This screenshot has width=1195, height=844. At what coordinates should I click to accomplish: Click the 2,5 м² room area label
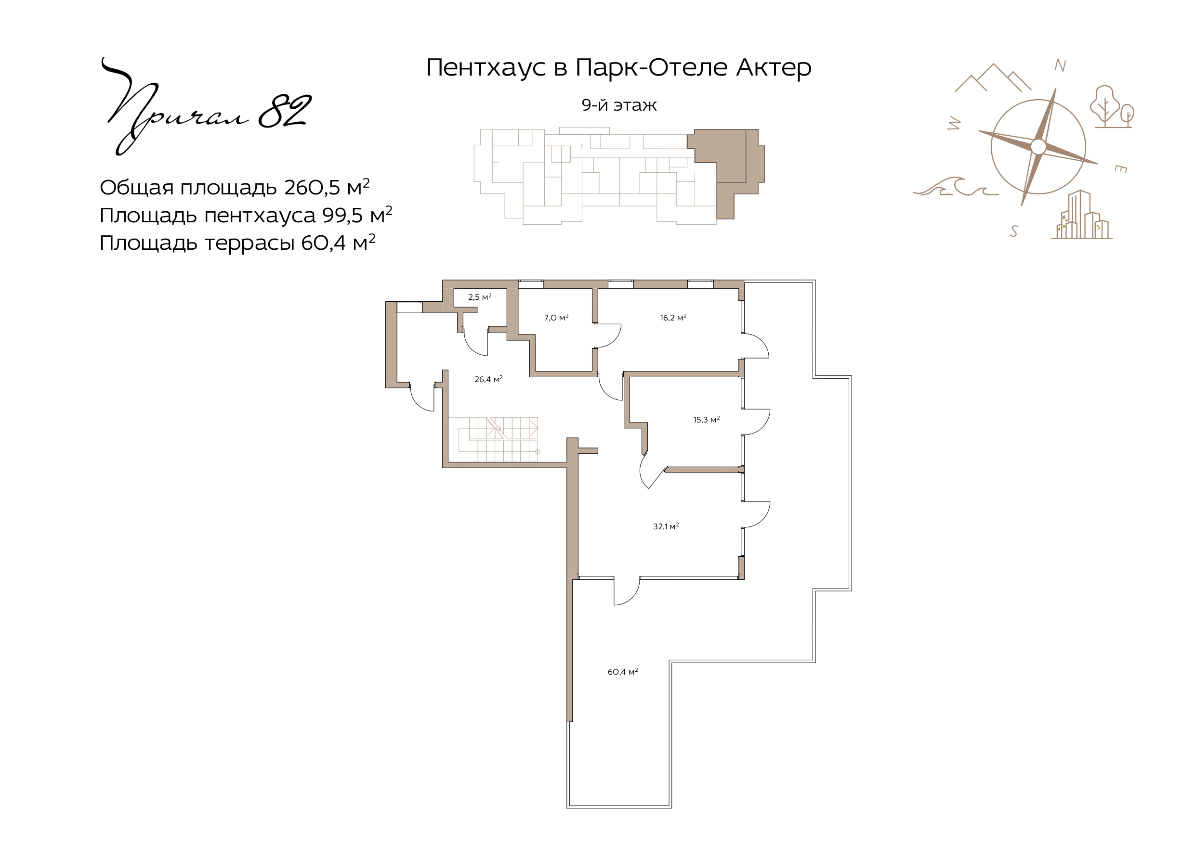[479, 297]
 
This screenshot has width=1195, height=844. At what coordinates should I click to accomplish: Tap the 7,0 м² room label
[556, 318]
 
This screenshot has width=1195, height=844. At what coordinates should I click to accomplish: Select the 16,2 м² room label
[673, 318]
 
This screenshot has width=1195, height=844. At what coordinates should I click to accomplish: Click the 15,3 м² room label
[706, 420]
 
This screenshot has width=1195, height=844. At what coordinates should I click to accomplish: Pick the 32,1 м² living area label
[666, 527]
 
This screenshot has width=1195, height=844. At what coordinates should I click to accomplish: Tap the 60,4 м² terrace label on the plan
[622, 672]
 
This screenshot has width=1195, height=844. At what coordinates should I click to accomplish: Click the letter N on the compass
[1060, 65]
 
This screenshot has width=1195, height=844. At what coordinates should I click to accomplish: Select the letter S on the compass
[1013, 231]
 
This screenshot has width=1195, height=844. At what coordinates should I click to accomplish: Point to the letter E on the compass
[1120, 168]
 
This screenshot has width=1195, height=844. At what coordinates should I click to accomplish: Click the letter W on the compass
[954, 123]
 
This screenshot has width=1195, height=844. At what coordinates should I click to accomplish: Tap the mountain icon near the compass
[993, 77]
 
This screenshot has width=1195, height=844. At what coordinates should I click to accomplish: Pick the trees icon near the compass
[1112, 107]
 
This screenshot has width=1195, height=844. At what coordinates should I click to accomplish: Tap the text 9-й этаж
[619, 105]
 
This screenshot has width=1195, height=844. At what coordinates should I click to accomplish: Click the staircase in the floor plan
[498, 439]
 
